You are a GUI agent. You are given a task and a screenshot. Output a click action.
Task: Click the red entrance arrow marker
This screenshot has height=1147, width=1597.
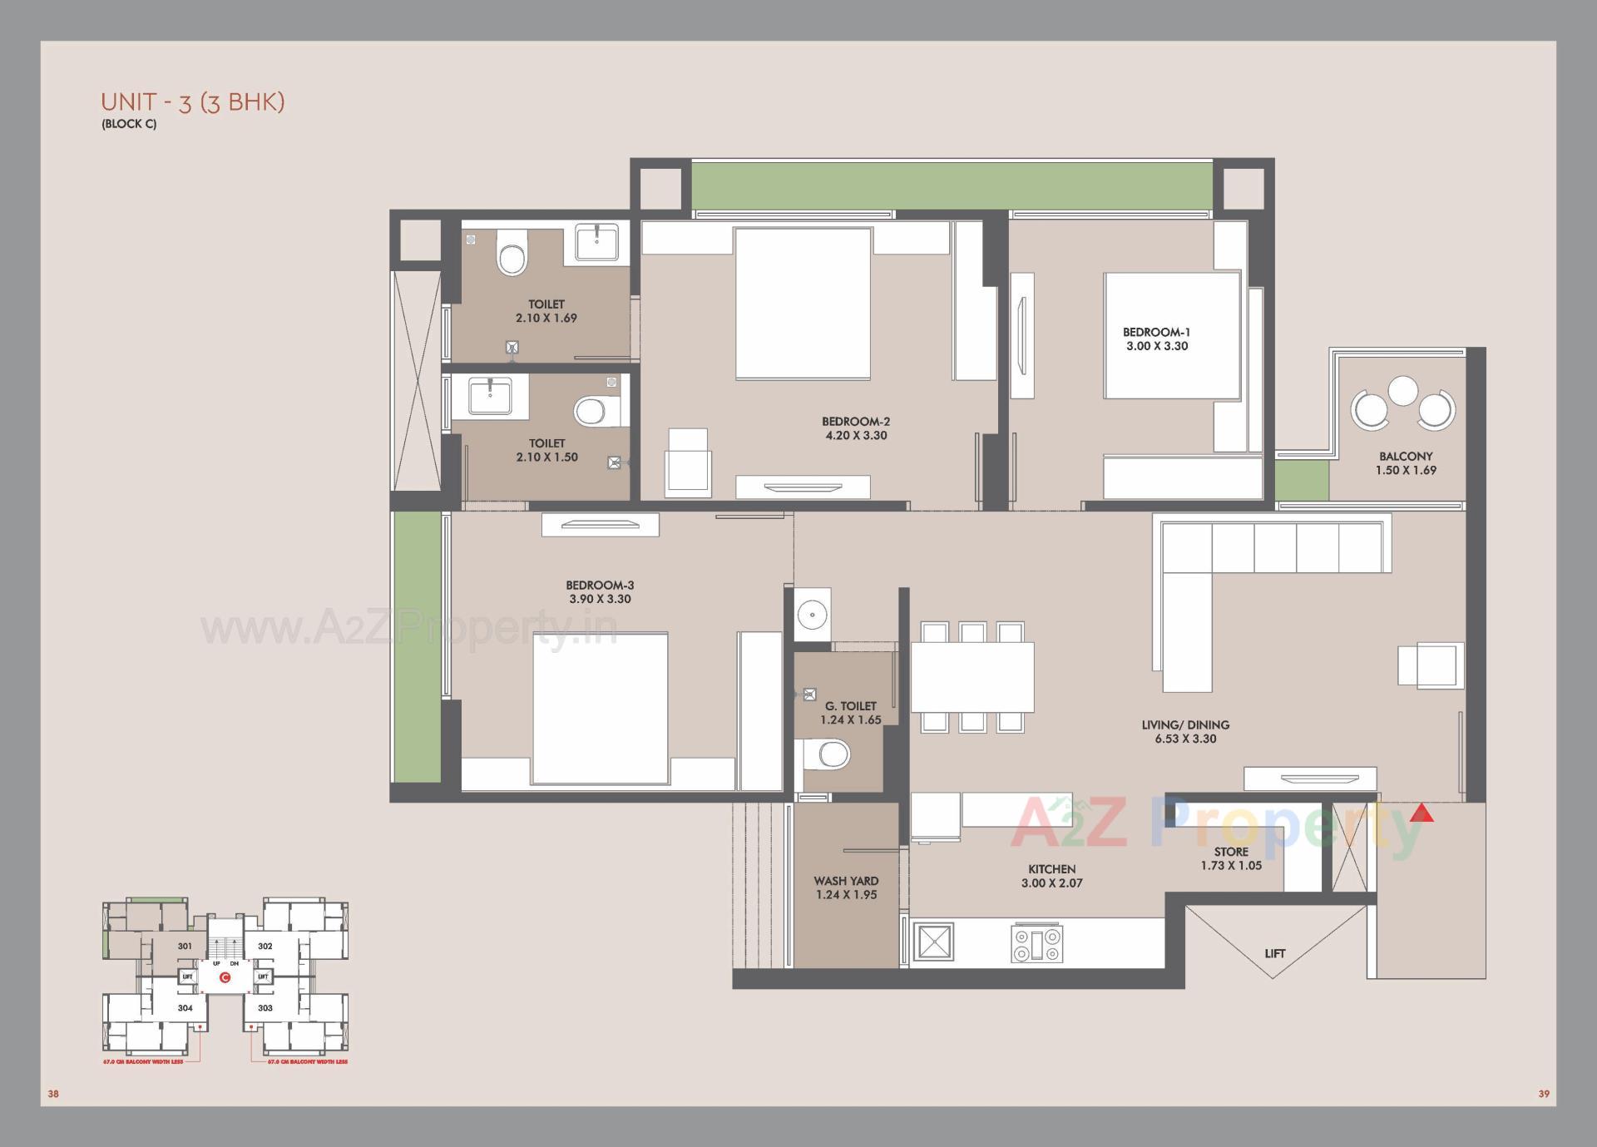[x=1421, y=813]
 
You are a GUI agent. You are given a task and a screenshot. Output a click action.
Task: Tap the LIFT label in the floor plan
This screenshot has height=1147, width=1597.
[x=1274, y=953]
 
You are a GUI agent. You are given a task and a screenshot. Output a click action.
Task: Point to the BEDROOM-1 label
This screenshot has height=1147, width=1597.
[x=1156, y=332]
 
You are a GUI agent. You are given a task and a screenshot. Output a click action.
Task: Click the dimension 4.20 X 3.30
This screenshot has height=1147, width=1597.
[x=856, y=435]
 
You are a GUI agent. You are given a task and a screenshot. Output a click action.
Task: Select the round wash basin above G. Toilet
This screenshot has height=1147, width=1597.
[x=811, y=616]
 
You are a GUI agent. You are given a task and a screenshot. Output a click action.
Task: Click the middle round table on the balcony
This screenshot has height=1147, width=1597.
[x=1403, y=391]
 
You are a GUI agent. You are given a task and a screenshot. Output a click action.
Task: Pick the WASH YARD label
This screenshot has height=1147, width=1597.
[x=846, y=881]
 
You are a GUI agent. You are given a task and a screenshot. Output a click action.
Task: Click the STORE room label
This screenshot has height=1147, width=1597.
[x=1231, y=852]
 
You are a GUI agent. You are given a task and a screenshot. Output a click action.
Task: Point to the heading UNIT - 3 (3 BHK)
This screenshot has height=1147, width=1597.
[x=193, y=101]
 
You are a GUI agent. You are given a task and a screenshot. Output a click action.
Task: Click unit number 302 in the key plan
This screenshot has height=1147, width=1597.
[x=265, y=946]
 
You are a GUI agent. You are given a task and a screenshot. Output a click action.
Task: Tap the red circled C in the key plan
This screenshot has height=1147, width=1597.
[x=225, y=977]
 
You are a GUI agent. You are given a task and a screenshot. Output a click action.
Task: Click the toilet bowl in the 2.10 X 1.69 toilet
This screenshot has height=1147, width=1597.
[x=512, y=253]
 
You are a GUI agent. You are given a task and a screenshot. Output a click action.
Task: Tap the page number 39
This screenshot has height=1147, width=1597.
[x=1544, y=1094]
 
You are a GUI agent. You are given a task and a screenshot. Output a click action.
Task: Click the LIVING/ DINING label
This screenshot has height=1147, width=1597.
[x=1185, y=724]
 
